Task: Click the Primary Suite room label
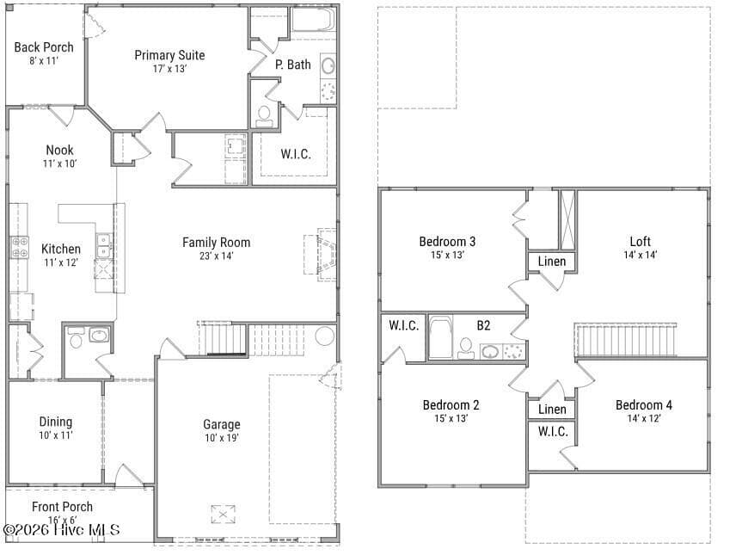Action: [x=169, y=55]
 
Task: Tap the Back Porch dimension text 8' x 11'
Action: [x=44, y=60]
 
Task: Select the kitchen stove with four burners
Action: [x=20, y=247]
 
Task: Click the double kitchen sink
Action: [x=104, y=246]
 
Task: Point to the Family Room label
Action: [x=217, y=243]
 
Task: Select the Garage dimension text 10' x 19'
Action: [x=222, y=438]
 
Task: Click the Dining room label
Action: [x=55, y=422]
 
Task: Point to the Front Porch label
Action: [x=62, y=507]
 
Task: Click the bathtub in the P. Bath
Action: [x=313, y=20]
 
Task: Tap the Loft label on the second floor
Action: [x=641, y=242]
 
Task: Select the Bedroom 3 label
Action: [x=447, y=242]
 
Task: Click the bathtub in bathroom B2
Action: [x=440, y=337]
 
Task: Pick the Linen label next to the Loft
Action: [x=552, y=262]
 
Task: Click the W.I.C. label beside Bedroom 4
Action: [x=553, y=431]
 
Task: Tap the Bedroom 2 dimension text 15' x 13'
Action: [x=451, y=418]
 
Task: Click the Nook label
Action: [x=59, y=150]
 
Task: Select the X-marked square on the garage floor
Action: [x=223, y=515]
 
